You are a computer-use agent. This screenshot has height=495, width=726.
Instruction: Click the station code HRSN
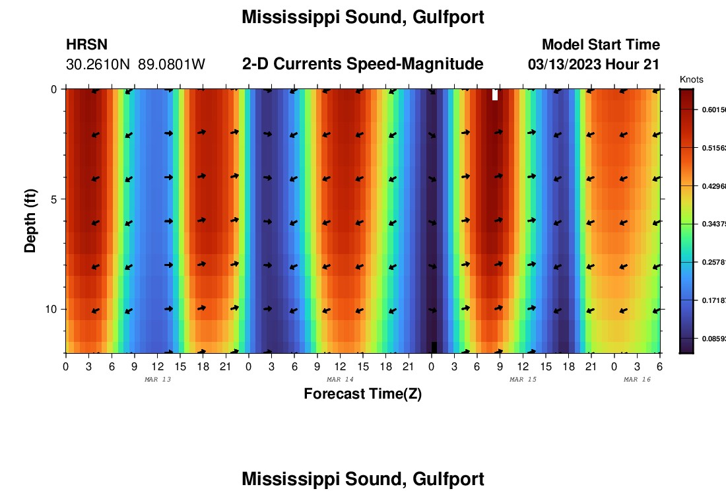pos(86,45)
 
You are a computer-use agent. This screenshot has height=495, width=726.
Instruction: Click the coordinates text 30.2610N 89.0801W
pos(135,65)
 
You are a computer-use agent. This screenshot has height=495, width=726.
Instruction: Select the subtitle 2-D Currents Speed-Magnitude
pos(363,64)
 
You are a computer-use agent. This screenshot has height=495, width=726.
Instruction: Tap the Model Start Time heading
pos(601,45)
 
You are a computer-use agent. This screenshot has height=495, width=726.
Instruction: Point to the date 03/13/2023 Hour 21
pos(594,65)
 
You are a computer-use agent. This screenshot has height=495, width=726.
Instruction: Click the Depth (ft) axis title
pos(30,220)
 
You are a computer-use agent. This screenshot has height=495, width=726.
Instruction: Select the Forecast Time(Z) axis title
pos(362,394)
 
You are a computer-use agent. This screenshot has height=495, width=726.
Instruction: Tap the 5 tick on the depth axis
pos(53,199)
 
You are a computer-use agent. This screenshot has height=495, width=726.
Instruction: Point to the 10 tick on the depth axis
pos(51,309)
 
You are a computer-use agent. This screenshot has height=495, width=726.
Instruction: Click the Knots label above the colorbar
pos(692,80)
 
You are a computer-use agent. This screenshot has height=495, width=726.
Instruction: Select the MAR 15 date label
pos(523,379)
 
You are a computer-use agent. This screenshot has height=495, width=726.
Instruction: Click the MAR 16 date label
pos(637,379)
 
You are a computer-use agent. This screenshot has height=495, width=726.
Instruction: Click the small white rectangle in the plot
pos(495,94)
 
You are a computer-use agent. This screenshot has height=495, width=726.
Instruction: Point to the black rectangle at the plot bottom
pos(434,347)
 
